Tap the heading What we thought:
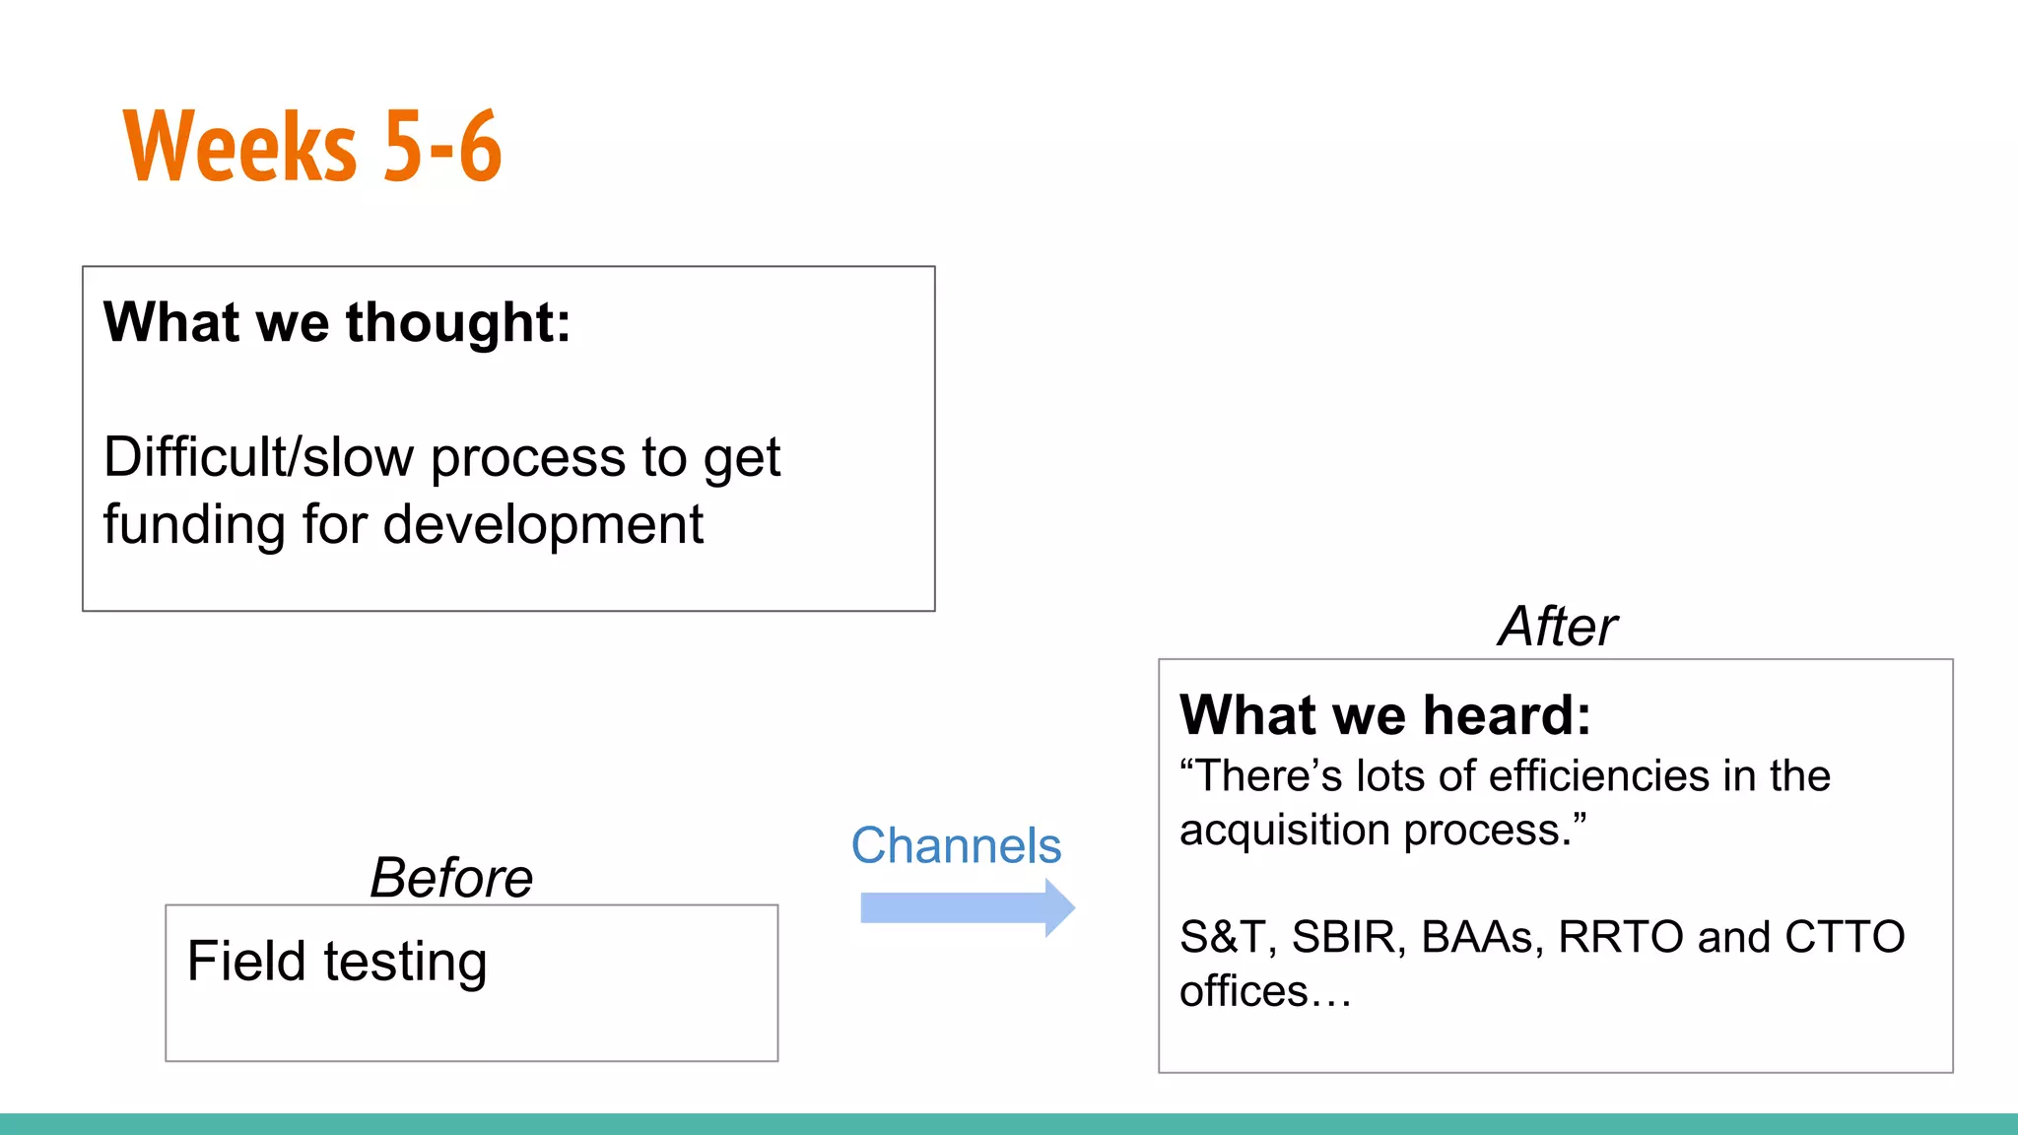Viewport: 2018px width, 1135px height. [337, 322]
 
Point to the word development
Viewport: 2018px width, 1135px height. [543, 524]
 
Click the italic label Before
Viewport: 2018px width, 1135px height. [451, 877]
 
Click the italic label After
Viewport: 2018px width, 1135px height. [1557, 627]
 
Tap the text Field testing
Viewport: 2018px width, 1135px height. [337, 962]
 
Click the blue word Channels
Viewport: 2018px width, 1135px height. [956, 845]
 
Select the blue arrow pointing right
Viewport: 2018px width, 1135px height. [967, 907]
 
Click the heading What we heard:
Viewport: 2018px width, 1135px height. [1384, 714]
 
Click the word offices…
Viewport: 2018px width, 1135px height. [1265, 991]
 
